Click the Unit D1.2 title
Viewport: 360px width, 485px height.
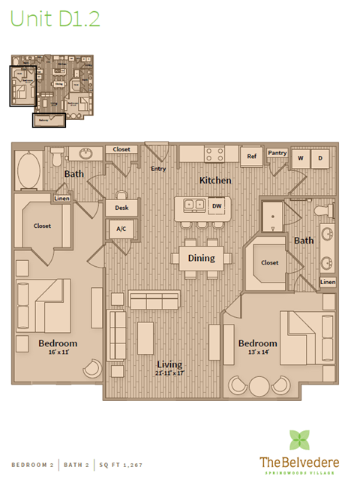[55, 19]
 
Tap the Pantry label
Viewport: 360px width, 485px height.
[277, 153]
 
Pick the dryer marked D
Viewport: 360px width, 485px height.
[319, 158]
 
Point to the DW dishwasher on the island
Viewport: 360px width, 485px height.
[217, 205]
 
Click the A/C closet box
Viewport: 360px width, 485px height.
[120, 229]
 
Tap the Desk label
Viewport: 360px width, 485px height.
[121, 207]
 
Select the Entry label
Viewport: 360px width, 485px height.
[158, 169]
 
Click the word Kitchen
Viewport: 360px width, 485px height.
[214, 181]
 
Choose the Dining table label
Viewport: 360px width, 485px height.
[201, 258]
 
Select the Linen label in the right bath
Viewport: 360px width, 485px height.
[328, 282]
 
